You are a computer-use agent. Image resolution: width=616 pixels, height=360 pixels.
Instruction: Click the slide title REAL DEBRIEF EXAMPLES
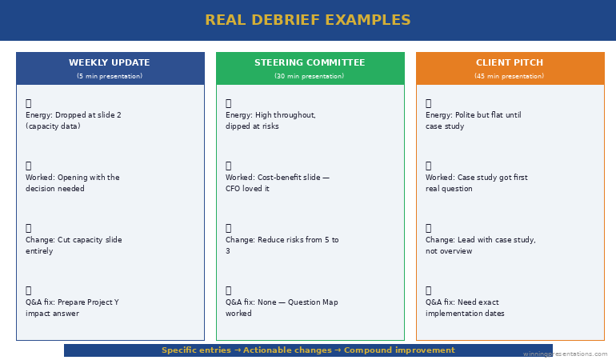click(x=308, y=20)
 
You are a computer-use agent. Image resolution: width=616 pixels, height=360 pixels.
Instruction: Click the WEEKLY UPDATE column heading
click(x=109, y=62)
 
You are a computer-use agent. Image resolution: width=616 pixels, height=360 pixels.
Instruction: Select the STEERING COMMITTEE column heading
click(x=310, y=62)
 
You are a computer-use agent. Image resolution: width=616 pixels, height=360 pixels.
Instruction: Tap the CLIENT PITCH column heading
click(x=510, y=62)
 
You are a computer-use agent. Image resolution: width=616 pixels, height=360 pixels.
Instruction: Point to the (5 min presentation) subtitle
click(x=110, y=76)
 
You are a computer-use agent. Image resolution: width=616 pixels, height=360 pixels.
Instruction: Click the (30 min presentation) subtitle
click(x=310, y=76)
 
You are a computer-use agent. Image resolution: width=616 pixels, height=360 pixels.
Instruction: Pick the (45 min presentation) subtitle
click(x=510, y=76)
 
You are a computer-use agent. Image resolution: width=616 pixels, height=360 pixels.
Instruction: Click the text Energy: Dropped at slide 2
click(x=74, y=115)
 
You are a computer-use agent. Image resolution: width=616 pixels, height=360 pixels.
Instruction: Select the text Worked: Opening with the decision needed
click(x=72, y=183)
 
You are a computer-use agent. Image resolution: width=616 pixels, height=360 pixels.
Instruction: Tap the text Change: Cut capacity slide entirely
click(x=74, y=246)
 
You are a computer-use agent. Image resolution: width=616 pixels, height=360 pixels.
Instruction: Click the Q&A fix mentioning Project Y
click(x=72, y=308)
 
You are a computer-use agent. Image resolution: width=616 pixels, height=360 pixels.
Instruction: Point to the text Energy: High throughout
click(x=270, y=115)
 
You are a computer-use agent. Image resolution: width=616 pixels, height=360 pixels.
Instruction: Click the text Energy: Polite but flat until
click(x=473, y=115)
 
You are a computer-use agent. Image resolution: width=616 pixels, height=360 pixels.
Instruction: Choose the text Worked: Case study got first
click(x=476, y=178)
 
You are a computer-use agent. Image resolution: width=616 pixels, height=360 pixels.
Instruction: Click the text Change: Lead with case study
click(x=480, y=240)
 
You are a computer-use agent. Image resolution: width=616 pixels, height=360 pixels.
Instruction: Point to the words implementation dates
click(x=465, y=314)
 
